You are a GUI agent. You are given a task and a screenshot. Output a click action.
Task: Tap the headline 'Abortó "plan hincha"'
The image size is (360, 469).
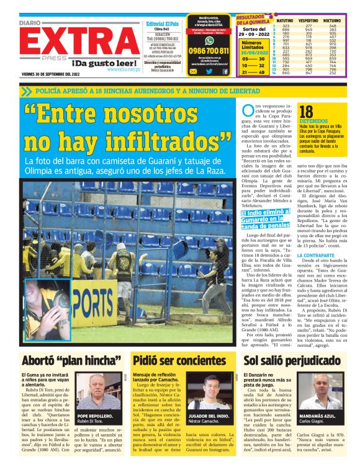coord(63,360)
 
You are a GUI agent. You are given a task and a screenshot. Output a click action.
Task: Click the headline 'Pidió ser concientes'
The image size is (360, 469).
coord(179,360)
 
